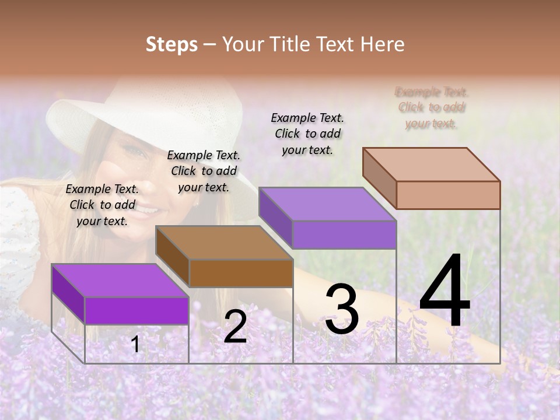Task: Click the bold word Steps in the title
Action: [x=171, y=44]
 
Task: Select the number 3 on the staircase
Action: [x=342, y=309]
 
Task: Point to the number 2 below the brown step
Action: [x=235, y=327]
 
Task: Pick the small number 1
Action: [x=135, y=344]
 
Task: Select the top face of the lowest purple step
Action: [x=120, y=281]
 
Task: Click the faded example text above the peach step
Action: [x=432, y=108]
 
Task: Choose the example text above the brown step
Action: [x=204, y=171]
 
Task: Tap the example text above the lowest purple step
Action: [x=103, y=205]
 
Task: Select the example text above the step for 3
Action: [x=307, y=134]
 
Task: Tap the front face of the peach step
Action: [x=448, y=195]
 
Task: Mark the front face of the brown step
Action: [x=241, y=273]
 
